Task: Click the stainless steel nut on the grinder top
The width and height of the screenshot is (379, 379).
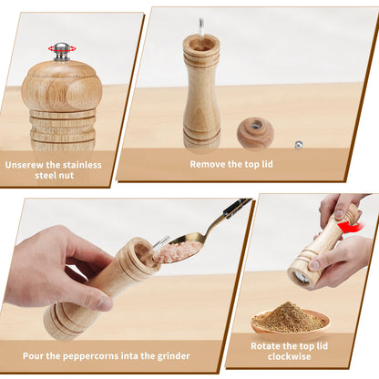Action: (x=62, y=51)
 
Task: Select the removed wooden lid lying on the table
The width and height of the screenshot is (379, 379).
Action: (x=255, y=133)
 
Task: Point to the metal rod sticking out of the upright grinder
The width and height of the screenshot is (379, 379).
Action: (x=201, y=27)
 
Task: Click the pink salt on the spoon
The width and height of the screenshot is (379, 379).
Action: (x=177, y=251)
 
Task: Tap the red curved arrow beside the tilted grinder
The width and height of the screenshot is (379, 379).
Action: (x=351, y=227)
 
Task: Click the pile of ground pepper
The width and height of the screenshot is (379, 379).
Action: (x=289, y=317)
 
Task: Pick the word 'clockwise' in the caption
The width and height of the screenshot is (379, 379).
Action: (x=289, y=356)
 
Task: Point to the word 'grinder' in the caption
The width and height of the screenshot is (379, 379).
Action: (x=173, y=356)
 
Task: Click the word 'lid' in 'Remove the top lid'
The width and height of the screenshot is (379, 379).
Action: (x=267, y=164)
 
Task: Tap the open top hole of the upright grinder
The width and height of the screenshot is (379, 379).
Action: (x=201, y=43)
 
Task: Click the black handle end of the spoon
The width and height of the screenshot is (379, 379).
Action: (x=237, y=207)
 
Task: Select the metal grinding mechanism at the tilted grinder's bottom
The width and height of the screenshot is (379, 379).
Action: (x=301, y=277)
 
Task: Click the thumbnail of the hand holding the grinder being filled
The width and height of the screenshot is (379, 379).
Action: (x=107, y=302)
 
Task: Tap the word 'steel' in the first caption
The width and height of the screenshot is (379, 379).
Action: (x=46, y=175)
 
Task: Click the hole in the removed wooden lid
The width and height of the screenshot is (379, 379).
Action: (x=256, y=124)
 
